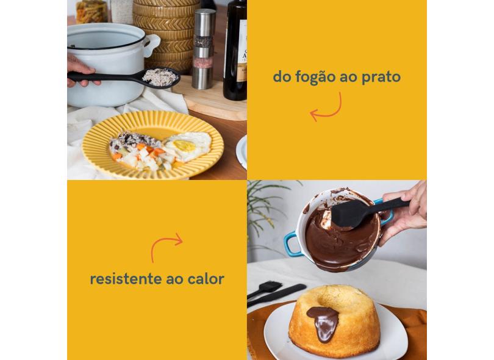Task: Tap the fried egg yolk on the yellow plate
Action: click(x=184, y=145)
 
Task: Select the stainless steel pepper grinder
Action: click(x=203, y=49)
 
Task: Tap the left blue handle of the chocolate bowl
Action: click(x=292, y=243)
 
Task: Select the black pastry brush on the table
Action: click(x=264, y=289)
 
